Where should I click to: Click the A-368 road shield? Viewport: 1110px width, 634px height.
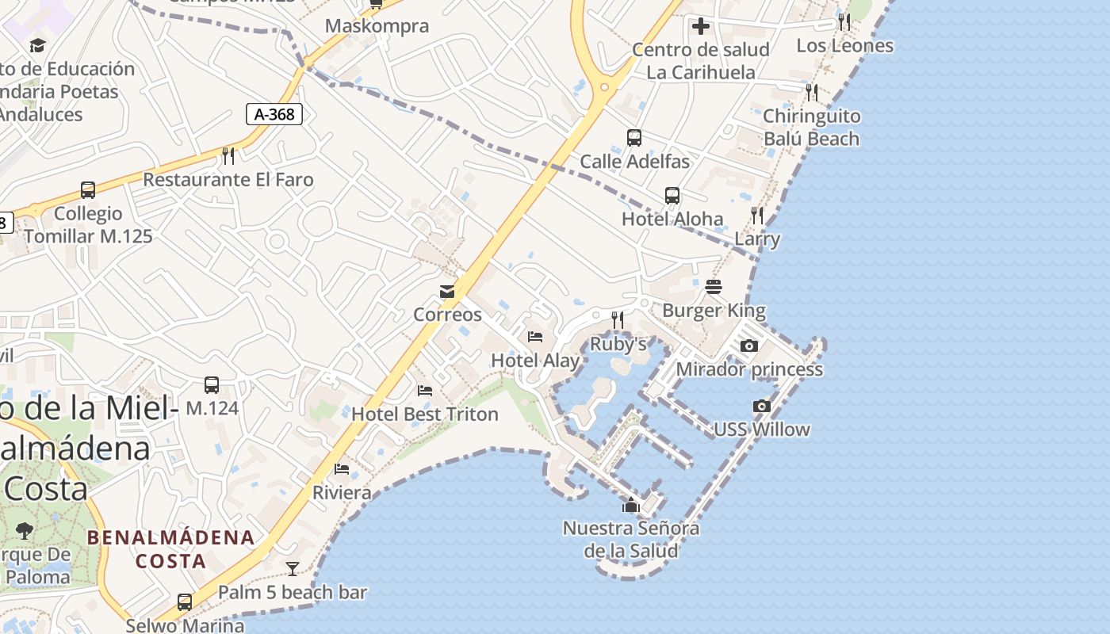click(274, 114)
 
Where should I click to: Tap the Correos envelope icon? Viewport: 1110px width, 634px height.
click(447, 292)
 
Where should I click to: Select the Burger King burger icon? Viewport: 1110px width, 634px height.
click(714, 287)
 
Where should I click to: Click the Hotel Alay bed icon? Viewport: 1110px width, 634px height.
click(535, 337)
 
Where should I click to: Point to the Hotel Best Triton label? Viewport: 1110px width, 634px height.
click(425, 414)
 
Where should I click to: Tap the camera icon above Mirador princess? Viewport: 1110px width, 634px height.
click(748, 346)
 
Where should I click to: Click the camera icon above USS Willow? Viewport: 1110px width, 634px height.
click(761, 407)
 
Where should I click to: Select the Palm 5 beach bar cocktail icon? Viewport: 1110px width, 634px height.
click(293, 568)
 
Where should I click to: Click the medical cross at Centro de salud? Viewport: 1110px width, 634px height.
click(700, 26)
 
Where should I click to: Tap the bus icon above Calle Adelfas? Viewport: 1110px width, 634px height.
click(634, 138)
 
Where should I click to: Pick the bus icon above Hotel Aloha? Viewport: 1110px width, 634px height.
click(672, 195)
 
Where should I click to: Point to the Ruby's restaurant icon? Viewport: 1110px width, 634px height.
click(618, 320)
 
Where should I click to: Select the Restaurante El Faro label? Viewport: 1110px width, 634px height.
click(228, 180)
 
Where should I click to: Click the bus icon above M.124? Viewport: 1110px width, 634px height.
click(212, 385)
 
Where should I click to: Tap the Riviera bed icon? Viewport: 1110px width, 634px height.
click(342, 469)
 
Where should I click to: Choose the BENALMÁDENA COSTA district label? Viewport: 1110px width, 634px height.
click(171, 549)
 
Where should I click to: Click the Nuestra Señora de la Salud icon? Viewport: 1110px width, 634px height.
click(631, 505)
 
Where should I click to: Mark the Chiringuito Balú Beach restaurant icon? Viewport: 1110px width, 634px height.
click(811, 92)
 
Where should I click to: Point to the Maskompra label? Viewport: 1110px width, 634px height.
click(377, 25)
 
